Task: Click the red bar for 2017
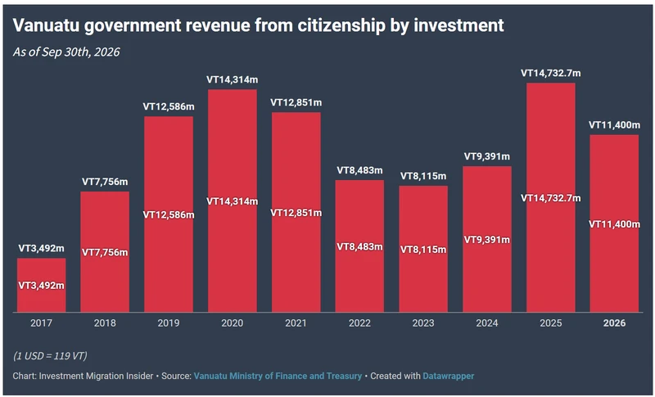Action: [x=42, y=285]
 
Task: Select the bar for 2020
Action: [x=233, y=201]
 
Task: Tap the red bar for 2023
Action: [x=423, y=249]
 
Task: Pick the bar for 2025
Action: [x=550, y=197]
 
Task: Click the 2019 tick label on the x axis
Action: [x=169, y=323]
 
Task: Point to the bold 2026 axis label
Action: [x=614, y=323]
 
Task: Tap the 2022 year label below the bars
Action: [x=359, y=323]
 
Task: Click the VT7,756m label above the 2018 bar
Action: [x=105, y=182]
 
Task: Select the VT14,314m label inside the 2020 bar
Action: [x=233, y=201]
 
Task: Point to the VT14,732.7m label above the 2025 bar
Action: [x=550, y=74]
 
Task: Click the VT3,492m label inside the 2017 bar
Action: [x=42, y=286]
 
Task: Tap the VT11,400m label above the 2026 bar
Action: [x=614, y=124]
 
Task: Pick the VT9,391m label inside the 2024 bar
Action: [x=487, y=240]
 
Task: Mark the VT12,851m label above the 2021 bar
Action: [x=296, y=102]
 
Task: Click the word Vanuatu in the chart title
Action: [x=46, y=25]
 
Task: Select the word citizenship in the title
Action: [x=341, y=26]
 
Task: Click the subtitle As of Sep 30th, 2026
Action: [x=66, y=52]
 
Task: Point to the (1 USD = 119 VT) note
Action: [x=50, y=356]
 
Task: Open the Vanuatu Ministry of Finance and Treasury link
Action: [x=278, y=377]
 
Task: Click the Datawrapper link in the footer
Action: [x=448, y=377]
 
